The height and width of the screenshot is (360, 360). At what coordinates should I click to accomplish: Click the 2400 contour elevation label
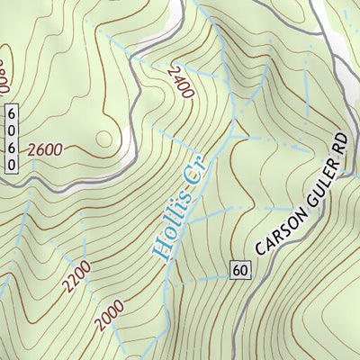tap(180, 81)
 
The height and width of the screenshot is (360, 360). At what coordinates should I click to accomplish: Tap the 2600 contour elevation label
tap(44, 149)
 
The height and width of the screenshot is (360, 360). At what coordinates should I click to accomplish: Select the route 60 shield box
tap(238, 269)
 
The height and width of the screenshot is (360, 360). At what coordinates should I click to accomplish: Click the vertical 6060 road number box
tap(12, 139)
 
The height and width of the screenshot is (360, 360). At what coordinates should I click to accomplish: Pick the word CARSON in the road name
tap(275, 235)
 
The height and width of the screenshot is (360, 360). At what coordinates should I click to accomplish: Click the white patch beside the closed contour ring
tap(129, 144)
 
